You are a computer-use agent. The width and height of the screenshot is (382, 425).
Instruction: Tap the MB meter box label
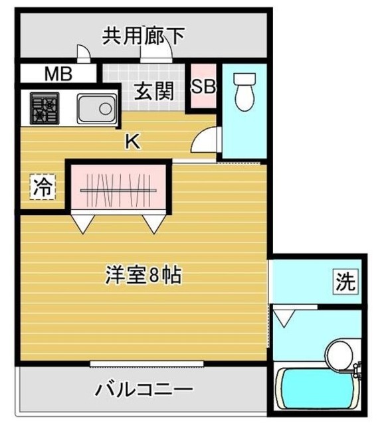[58, 74]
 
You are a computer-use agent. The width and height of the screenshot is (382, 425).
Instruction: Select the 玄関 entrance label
[154, 91]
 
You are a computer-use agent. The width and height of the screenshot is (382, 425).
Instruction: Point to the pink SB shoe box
[203, 87]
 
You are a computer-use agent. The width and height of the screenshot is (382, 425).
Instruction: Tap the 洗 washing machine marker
[344, 282]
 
